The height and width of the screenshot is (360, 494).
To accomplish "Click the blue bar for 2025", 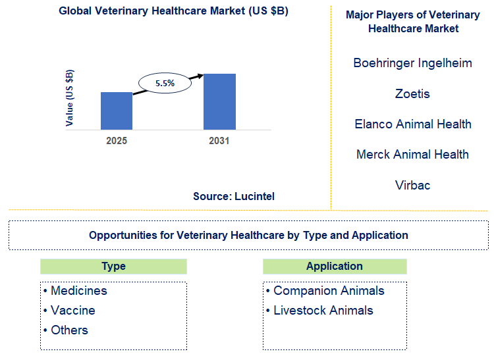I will click(117, 111).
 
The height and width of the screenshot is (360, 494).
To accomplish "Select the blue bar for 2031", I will click(219, 101).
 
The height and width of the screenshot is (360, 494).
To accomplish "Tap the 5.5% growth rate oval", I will click(165, 84).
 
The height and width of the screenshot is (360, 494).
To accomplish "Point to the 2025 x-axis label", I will click(117, 141).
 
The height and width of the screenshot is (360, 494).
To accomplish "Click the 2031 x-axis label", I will click(219, 141).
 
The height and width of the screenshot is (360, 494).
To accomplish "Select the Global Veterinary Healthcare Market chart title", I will click(173, 11).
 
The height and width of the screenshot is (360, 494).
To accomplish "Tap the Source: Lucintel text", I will click(234, 196).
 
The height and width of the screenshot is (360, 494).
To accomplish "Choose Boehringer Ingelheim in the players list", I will click(412, 63).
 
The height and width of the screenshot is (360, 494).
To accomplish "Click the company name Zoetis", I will click(412, 93).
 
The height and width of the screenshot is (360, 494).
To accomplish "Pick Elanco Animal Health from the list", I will click(412, 124).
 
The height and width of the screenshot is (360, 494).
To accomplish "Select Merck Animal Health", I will click(412, 154).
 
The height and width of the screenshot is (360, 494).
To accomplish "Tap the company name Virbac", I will click(412, 185).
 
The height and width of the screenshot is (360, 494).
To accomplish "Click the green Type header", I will click(113, 267).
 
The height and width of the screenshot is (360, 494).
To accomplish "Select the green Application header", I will click(335, 267).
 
